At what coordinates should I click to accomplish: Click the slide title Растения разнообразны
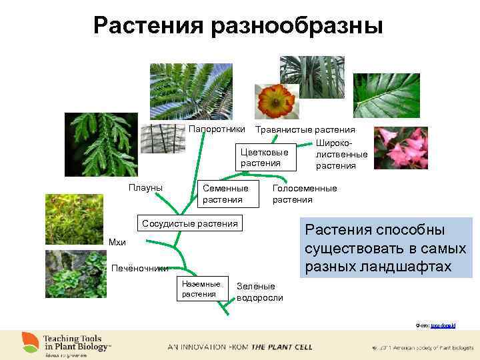238,26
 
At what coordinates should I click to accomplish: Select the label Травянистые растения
305,130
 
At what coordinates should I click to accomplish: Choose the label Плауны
145,187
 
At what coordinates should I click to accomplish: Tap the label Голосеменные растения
304,193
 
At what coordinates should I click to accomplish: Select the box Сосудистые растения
189,223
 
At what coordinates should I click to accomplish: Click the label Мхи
117,242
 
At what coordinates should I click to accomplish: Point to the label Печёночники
139,268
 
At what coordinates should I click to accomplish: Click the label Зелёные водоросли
259,291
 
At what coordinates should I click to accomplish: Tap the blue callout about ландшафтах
385,248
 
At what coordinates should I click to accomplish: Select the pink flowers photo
400,147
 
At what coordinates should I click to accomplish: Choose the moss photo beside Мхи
73,219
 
